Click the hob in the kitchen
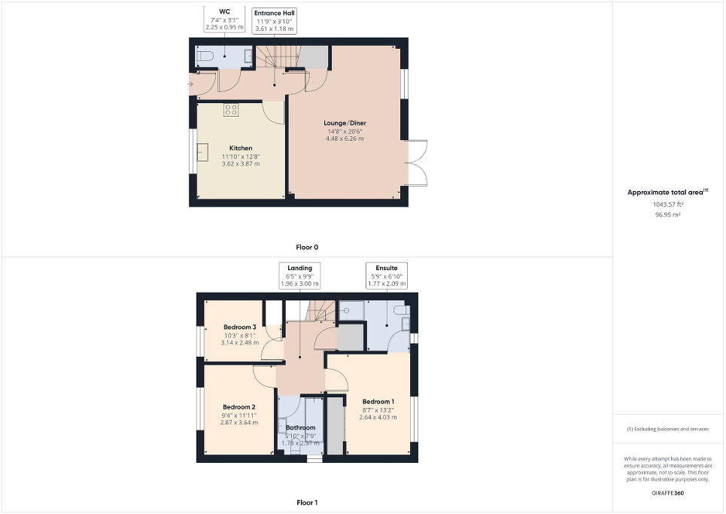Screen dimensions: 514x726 231,110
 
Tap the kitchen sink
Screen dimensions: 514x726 202,153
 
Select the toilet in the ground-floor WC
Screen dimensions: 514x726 204,56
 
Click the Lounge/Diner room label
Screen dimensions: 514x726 345,123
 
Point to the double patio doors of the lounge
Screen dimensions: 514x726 417,163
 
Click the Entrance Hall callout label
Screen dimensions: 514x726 274,13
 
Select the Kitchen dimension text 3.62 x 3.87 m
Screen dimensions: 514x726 241,163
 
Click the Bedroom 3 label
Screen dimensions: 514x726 240,327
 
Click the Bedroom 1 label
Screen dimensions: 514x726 378,401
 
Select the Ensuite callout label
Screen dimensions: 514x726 387,267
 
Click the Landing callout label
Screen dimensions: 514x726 299,267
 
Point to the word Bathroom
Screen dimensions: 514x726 300,427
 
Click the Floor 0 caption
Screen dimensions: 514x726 307,247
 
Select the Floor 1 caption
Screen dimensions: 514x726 307,502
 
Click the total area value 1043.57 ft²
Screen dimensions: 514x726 669,204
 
